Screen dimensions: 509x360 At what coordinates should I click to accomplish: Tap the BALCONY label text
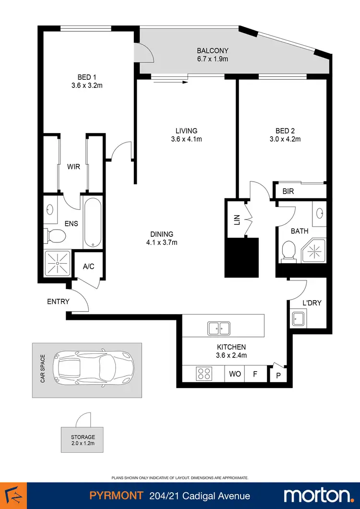(212, 50)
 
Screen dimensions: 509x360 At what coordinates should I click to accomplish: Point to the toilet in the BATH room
(289, 251)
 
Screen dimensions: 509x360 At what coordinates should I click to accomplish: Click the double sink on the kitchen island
(218, 329)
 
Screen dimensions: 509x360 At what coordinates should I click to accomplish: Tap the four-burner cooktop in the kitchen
(204, 373)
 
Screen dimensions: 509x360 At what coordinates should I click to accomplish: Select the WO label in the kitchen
(235, 374)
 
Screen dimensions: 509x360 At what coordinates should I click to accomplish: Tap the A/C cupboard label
(88, 267)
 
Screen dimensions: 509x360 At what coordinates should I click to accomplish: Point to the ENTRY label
(58, 302)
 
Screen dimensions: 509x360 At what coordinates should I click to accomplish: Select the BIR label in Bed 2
(288, 192)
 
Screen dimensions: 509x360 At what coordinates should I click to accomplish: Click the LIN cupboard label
(236, 219)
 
